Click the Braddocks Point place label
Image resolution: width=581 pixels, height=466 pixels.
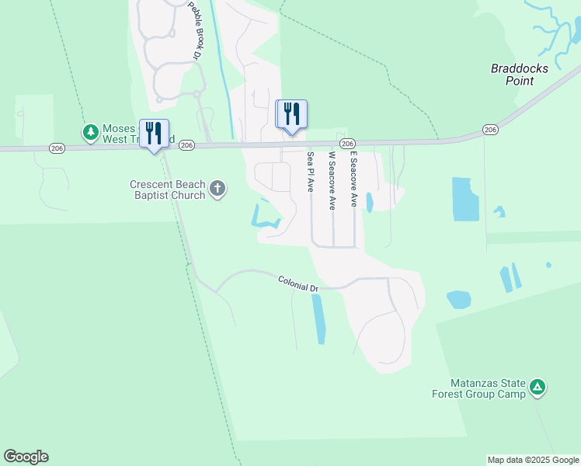pyautogui.click(x=520, y=75)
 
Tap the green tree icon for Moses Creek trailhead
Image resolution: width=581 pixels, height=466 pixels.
pyautogui.click(x=91, y=132)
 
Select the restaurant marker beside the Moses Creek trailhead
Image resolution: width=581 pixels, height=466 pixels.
pyautogui.click(x=154, y=132)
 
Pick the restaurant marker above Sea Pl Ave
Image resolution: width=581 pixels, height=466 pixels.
pyautogui.click(x=291, y=113)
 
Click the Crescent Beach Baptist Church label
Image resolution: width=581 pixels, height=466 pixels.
pyautogui.click(x=168, y=190)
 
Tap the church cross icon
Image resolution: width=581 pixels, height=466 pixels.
pyautogui.click(x=217, y=188)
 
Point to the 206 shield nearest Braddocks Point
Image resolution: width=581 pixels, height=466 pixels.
pyautogui.click(x=489, y=129)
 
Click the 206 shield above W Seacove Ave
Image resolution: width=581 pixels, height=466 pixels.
pyautogui.click(x=347, y=144)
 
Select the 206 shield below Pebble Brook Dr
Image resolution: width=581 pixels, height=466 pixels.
pyautogui.click(x=186, y=145)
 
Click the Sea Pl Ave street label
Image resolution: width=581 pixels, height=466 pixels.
pyautogui.click(x=310, y=171)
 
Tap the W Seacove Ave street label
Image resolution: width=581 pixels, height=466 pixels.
pyautogui.click(x=332, y=180)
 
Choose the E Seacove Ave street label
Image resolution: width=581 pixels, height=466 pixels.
pyautogui.click(x=353, y=179)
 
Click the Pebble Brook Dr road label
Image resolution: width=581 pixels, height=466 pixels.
pyautogui.click(x=194, y=30)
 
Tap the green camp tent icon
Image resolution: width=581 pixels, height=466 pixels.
pyautogui.click(x=538, y=387)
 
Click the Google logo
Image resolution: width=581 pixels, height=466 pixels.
pyautogui.click(x=26, y=457)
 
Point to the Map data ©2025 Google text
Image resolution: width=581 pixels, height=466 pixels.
pyautogui.click(x=533, y=460)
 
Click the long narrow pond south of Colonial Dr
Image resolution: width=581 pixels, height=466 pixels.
pyautogui.click(x=318, y=318)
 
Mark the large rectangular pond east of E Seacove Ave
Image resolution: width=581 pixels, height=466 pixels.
pyautogui.click(x=464, y=199)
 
